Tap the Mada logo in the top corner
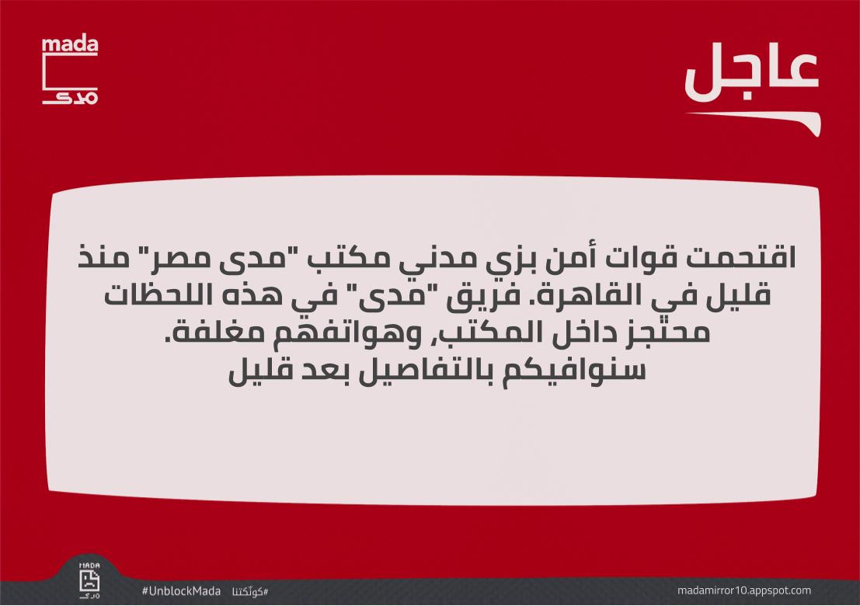[x=70, y=71]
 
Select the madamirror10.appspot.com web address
[x=744, y=590]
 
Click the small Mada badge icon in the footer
[x=90, y=579]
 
